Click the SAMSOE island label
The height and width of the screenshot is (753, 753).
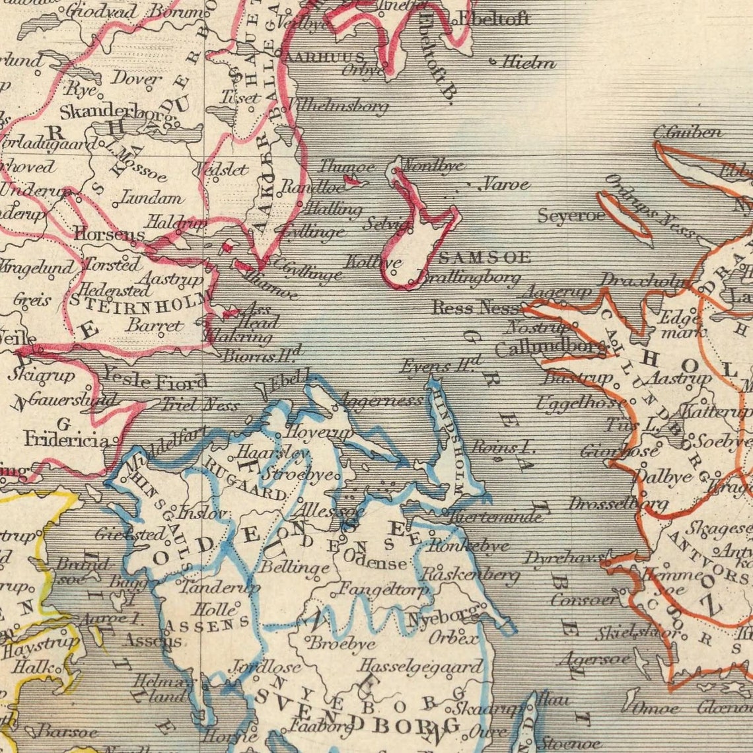pyautogui.click(x=485, y=258)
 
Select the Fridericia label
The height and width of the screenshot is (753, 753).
pyautogui.click(x=67, y=439)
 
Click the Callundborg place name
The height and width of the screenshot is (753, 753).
pyautogui.click(x=550, y=347)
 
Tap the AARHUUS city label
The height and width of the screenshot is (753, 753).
pyautogui.click(x=324, y=57)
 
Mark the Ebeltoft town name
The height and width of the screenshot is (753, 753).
pyautogui.click(x=493, y=19)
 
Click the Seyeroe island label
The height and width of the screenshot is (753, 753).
pyautogui.click(x=571, y=216)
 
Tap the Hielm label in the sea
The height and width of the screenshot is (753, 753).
pyautogui.click(x=528, y=63)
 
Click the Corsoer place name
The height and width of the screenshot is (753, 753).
pyautogui.click(x=585, y=599)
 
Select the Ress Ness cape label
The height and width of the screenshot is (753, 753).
pyautogui.click(x=476, y=308)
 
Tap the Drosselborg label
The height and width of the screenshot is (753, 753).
pyautogui.click(x=618, y=504)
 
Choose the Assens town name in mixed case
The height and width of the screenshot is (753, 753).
pyautogui.click(x=153, y=639)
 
